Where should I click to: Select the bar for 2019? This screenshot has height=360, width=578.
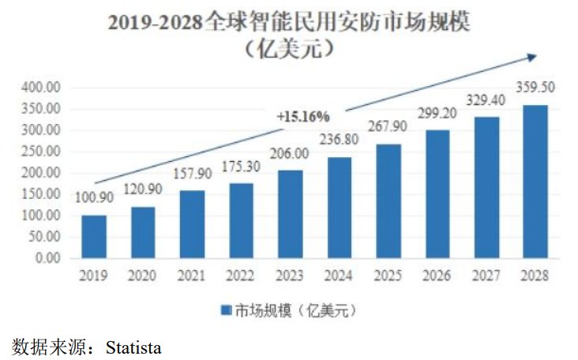tap(93, 236)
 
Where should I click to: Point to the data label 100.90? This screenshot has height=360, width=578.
tap(93, 199)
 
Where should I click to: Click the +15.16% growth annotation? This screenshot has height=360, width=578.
tap(302, 116)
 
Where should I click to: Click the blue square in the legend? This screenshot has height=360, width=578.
tap(226, 310)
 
